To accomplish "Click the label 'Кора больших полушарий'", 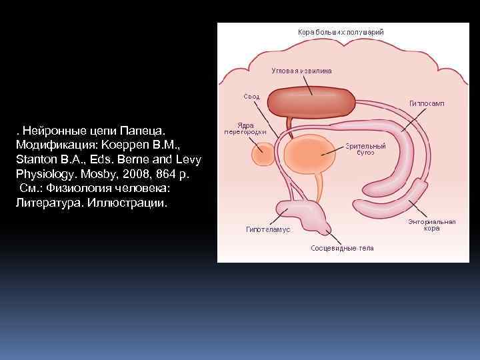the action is tap(340, 32).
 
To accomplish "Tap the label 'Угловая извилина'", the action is tap(302, 70).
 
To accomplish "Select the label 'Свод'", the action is tap(251, 97).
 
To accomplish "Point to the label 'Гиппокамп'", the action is tap(427, 103).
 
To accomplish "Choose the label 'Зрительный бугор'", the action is tap(365, 149).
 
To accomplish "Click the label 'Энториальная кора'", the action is tap(431, 225).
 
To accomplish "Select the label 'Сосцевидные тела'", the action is tap(342, 248).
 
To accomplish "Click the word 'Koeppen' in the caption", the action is tap(128, 145).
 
